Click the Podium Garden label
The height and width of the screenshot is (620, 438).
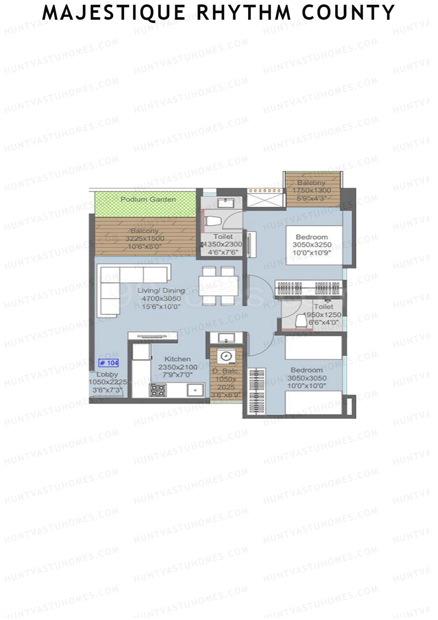pos(148,199)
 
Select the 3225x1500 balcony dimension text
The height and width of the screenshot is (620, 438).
pos(145,239)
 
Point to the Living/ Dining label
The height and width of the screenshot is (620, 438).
pos(161,291)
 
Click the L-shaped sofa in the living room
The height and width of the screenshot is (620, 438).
pos(124,283)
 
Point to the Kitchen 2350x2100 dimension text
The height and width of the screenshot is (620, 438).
pos(177,367)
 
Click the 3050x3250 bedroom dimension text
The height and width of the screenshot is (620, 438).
pos(312,245)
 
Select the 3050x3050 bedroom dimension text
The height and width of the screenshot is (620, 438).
pos(307,378)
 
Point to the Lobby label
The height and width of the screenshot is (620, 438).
pos(107,374)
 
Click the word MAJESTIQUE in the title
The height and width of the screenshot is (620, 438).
pos(114,12)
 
